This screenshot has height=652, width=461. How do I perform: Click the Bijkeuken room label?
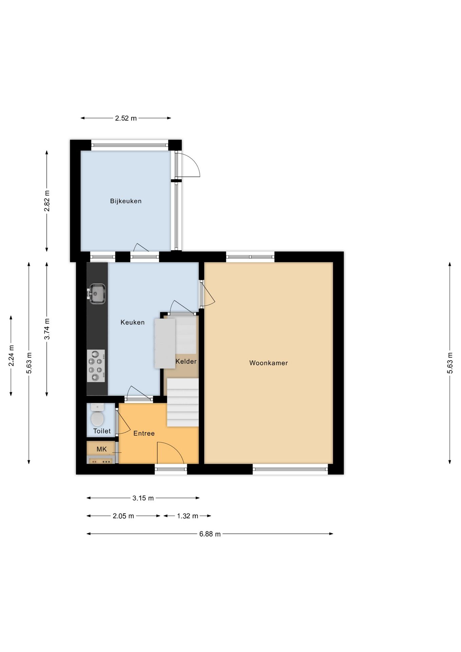tap(126, 201)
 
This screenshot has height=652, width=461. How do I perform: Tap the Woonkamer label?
tap(268, 363)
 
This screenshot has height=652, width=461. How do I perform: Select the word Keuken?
tap(132, 322)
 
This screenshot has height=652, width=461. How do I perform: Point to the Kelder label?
tap(186, 361)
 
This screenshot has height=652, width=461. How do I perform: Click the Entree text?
tap(144, 433)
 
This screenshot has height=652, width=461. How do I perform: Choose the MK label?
tap(102, 449)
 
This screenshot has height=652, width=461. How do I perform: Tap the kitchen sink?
tap(97, 294)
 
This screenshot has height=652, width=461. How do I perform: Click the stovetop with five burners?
tap(96, 366)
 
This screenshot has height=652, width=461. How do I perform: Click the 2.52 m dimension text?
tap(126, 118)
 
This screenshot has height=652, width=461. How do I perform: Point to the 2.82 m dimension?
tap(47, 201)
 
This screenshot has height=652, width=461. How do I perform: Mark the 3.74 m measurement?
tap(47, 329)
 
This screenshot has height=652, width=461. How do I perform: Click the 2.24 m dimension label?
tap(11, 356)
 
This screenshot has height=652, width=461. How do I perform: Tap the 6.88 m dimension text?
tap(210, 534)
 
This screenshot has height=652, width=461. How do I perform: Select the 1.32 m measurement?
tap(187, 516)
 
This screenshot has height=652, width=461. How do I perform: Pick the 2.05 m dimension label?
tap(123, 516)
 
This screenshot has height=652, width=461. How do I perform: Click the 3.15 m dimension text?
tap(143, 498)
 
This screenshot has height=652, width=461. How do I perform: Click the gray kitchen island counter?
tap(165, 343)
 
